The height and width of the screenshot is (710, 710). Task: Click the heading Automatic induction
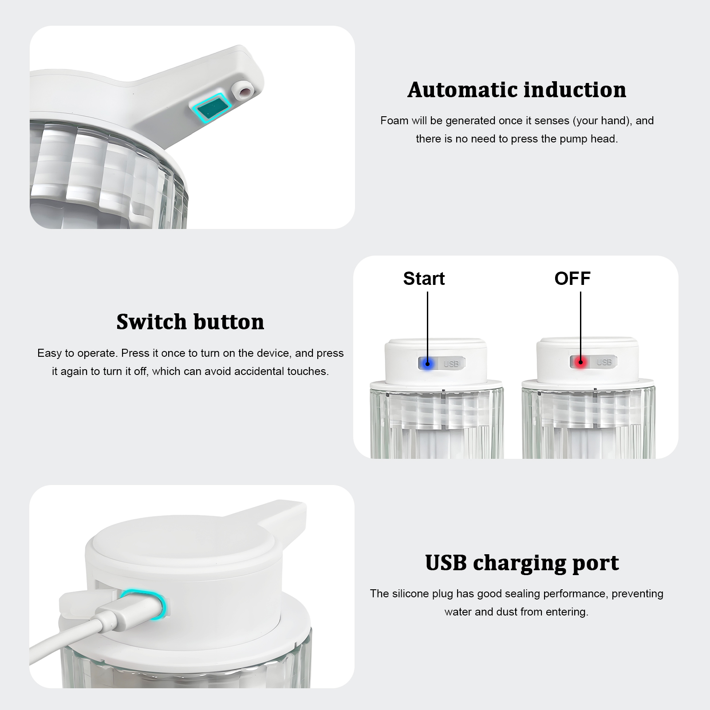tap(517, 90)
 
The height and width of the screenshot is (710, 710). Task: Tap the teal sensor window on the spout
tap(211, 106)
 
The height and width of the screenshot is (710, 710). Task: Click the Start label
tap(424, 279)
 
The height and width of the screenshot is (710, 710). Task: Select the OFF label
tap(572, 279)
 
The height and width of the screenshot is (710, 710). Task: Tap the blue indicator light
tap(427, 364)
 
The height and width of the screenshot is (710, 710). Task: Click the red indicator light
tap(580, 363)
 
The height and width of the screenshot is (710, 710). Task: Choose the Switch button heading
tap(190, 322)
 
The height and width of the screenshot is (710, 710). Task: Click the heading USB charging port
tap(522, 563)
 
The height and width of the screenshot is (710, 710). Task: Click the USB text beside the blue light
tap(451, 364)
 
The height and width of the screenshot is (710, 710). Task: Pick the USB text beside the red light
tap(604, 362)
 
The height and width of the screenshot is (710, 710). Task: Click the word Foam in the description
tap(394, 121)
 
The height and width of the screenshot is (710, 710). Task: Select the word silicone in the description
tap(413, 594)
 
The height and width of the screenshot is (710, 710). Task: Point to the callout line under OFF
tap(580, 327)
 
